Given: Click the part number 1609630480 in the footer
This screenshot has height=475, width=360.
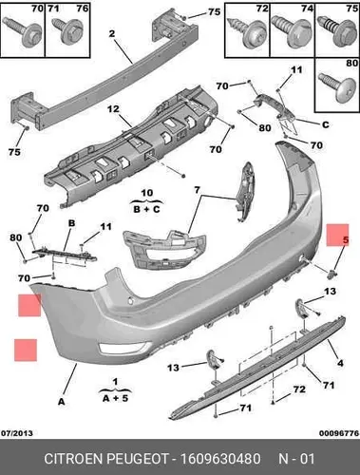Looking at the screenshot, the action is click(x=220, y=459).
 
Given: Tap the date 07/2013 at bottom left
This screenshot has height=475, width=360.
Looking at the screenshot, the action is click(x=17, y=433).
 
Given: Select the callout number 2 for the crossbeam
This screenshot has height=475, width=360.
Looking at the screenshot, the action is click(x=112, y=33).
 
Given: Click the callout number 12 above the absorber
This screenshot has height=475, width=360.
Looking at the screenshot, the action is click(x=113, y=109).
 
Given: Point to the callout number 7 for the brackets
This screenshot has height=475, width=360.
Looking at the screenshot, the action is click(x=197, y=190).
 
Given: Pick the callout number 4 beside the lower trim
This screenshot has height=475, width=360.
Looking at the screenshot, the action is click(x=340, y=363).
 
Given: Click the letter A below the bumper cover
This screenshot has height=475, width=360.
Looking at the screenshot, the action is click(x=62, y=402).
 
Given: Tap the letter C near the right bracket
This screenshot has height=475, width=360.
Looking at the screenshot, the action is click(x=326, y=124).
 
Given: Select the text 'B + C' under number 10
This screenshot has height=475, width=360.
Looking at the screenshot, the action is click(x=147, y=209).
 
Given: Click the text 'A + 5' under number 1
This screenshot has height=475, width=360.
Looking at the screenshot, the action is click(x=115, y=398).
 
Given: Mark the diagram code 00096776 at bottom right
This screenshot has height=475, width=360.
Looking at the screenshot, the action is click(x=338, y=433).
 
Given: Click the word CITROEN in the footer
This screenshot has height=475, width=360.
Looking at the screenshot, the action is click(x=73, y=459).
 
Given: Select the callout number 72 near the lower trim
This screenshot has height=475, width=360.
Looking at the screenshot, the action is click(x=299, y=389).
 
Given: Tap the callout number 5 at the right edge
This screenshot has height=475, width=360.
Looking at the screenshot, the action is click(x=346, y=240).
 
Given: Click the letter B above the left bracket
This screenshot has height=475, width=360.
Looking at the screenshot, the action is click(x=72, y=223).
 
